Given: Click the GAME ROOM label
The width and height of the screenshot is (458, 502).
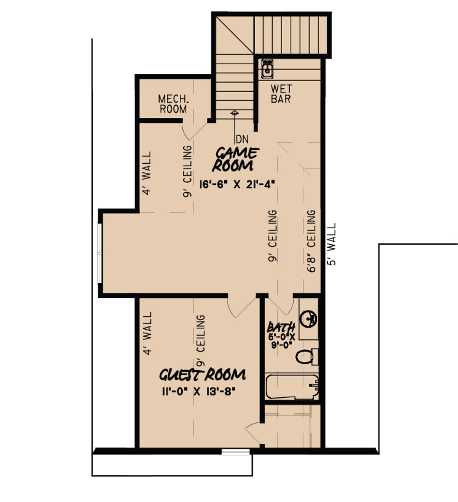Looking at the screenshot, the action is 235,159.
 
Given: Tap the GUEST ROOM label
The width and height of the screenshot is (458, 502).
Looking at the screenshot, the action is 202,375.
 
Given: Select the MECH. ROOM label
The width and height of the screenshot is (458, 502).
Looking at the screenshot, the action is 173,104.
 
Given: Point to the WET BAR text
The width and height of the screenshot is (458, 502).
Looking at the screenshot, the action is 281,94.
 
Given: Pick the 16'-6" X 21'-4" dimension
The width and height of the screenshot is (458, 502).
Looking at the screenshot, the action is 237,184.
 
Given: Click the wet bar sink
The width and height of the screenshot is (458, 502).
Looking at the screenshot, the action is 267,69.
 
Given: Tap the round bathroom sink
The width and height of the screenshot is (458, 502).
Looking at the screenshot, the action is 309,319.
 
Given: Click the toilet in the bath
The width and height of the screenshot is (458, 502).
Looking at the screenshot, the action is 307,357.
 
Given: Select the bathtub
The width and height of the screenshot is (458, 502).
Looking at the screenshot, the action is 292,387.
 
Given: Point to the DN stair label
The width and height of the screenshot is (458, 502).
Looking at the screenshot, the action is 242,139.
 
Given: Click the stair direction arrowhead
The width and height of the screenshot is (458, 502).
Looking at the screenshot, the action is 235,112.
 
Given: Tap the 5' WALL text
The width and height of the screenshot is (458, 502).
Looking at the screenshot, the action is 332,244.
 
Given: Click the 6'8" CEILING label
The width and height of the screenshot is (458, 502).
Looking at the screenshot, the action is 311,241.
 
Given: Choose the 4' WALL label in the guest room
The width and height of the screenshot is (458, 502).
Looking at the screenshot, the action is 147,333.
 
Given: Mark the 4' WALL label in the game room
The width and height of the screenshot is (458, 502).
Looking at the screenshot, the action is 147,173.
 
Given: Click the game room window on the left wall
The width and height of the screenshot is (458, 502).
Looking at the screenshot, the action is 100,253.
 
